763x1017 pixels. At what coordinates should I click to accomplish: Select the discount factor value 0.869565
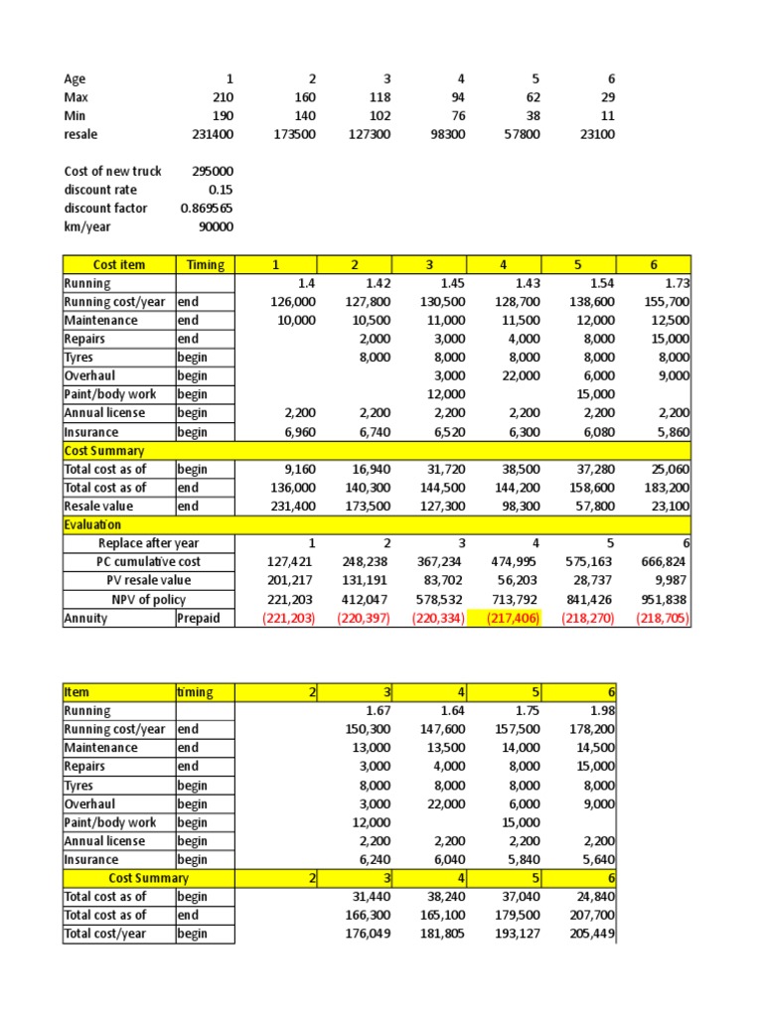pos(207,209)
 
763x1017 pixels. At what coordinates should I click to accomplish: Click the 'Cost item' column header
pos(118,264)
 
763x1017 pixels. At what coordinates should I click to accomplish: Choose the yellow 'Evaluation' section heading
pos(92,524)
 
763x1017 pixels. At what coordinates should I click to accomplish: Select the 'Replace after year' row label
pos(149,543)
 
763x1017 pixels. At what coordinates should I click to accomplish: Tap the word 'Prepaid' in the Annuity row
pos(200,618)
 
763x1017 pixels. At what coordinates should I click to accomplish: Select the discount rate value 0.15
pos(220,190)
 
